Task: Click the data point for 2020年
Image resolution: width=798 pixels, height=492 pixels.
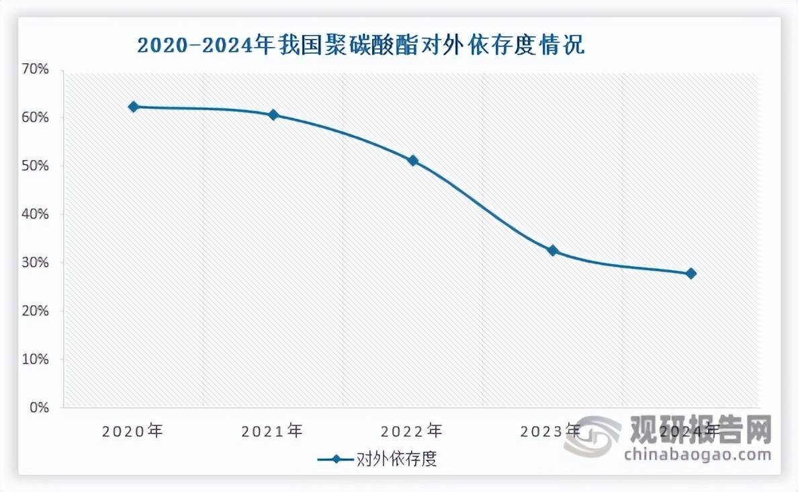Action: [x=133, y=107]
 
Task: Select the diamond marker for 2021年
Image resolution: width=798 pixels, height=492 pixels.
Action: [x=273, y=115]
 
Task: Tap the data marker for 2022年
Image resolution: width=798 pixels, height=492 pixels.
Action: [x=413, y=161]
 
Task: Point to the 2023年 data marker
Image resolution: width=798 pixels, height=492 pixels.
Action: [x=553, y=251]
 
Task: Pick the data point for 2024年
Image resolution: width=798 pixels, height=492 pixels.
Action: [x=691, y=274]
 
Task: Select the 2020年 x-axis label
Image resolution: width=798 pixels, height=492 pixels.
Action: [x=133, y=430]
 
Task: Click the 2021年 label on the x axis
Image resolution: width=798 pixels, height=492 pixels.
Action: [x=273, y=430]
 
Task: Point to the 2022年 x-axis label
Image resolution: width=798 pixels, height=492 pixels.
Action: [x=412, y=430]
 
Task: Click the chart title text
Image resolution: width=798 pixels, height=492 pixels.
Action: [x=361, y=46]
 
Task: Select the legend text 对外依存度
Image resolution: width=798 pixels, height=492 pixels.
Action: [x=396, y=460]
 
